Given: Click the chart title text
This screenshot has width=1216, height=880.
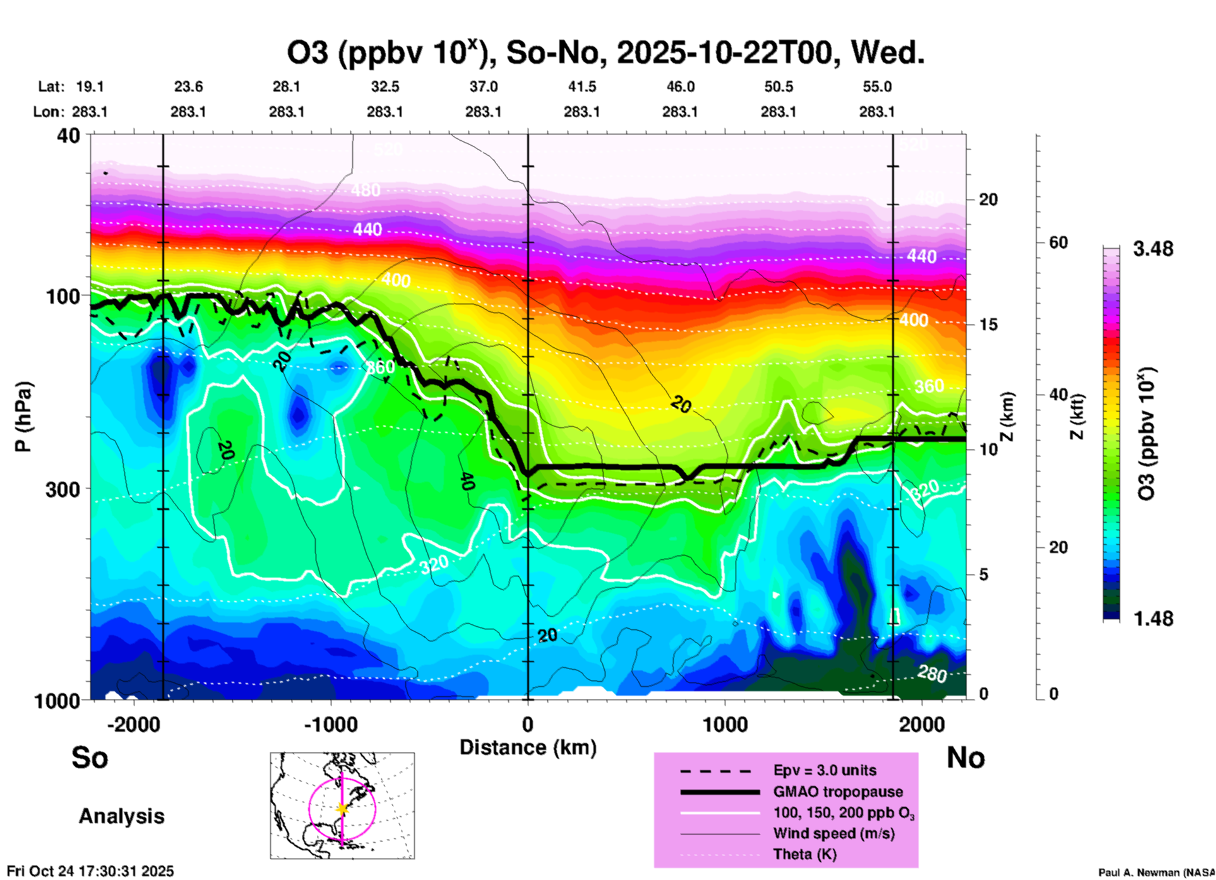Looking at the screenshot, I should tap(605, 53).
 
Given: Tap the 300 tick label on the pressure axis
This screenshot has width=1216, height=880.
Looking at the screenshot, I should tap(63, 489).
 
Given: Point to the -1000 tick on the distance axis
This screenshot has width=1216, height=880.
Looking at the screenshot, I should tap(330, 724).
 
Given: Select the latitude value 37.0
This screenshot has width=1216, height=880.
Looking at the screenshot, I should tap(483, 86).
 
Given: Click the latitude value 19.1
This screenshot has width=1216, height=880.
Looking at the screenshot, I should tap(90, 86).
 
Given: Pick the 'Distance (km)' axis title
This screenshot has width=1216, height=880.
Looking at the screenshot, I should tap(528, 747).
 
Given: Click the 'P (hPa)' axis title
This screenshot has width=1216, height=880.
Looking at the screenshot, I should tap(23, 417).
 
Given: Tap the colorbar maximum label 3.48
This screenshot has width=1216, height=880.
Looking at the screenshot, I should tap(1153, 249).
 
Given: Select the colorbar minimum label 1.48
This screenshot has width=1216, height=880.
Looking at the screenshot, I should tap(1153, 619).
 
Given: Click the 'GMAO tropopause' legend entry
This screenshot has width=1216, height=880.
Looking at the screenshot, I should tap(838, 792).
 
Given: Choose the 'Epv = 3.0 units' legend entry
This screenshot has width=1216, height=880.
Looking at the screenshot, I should tap(825, 770).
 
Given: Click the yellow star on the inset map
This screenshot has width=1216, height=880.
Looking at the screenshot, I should tap(342, 809).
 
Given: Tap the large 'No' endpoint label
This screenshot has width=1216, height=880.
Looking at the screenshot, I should tap(965, 758).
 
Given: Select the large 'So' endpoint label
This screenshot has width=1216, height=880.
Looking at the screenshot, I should tap(90, 758).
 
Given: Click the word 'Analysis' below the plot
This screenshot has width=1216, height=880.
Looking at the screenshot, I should tap(121, 816).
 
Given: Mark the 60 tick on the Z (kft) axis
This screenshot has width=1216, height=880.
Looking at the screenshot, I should tap(1058, 242).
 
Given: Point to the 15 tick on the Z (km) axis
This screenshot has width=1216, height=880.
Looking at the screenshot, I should tap(988, 324).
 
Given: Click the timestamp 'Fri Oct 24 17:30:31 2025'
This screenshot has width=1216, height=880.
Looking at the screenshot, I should tap(90, 871).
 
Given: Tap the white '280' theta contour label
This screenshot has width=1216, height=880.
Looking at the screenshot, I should tap(932, 674).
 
